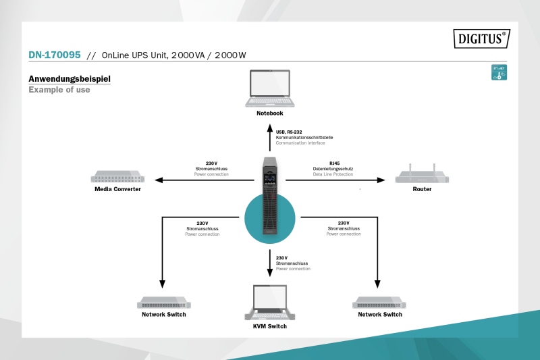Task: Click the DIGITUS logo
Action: [x=480, y=38]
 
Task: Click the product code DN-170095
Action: [x=55, y=55]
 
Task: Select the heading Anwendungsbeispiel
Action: [x=70, y=79]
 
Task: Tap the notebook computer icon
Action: [x=269, y=88]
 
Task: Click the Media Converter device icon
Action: [x=117, y=178]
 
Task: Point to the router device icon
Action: [x=421, y=174]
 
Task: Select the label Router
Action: [x=422, y=189]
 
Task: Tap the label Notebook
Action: [x=269, y=113]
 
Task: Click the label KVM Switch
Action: [x=269, y=326]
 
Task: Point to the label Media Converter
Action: [x=117, y=189]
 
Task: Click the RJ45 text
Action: [x=335, y=163]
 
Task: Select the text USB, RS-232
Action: [x=289, y=132]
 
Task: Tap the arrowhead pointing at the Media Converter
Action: [x=158, y=180]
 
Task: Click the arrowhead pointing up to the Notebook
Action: [x=269, y=128]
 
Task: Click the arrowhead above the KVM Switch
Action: [x=269, y=272]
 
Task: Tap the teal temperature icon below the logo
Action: [x=499, y=73]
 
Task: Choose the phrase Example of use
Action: [x=59, y=90]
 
